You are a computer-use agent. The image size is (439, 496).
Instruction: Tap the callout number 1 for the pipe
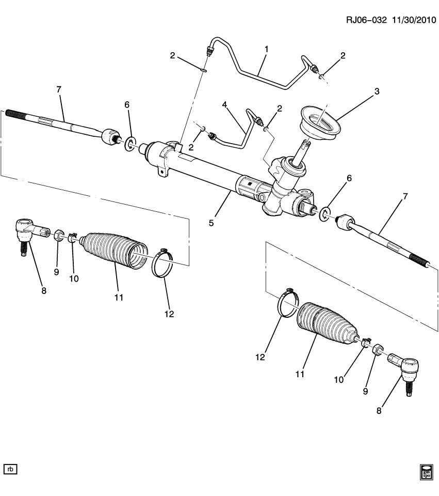[x=267, y=50]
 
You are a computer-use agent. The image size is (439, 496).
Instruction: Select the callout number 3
[x=377, y=92]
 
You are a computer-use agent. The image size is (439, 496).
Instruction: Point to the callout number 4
[x=225, y=105]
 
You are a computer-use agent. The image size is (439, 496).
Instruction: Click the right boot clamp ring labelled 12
[x=289, y=305]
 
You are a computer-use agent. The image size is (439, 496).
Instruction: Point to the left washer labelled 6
[x=130, y=143]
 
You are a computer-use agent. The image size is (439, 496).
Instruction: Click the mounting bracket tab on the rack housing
[x=164, y=172]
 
